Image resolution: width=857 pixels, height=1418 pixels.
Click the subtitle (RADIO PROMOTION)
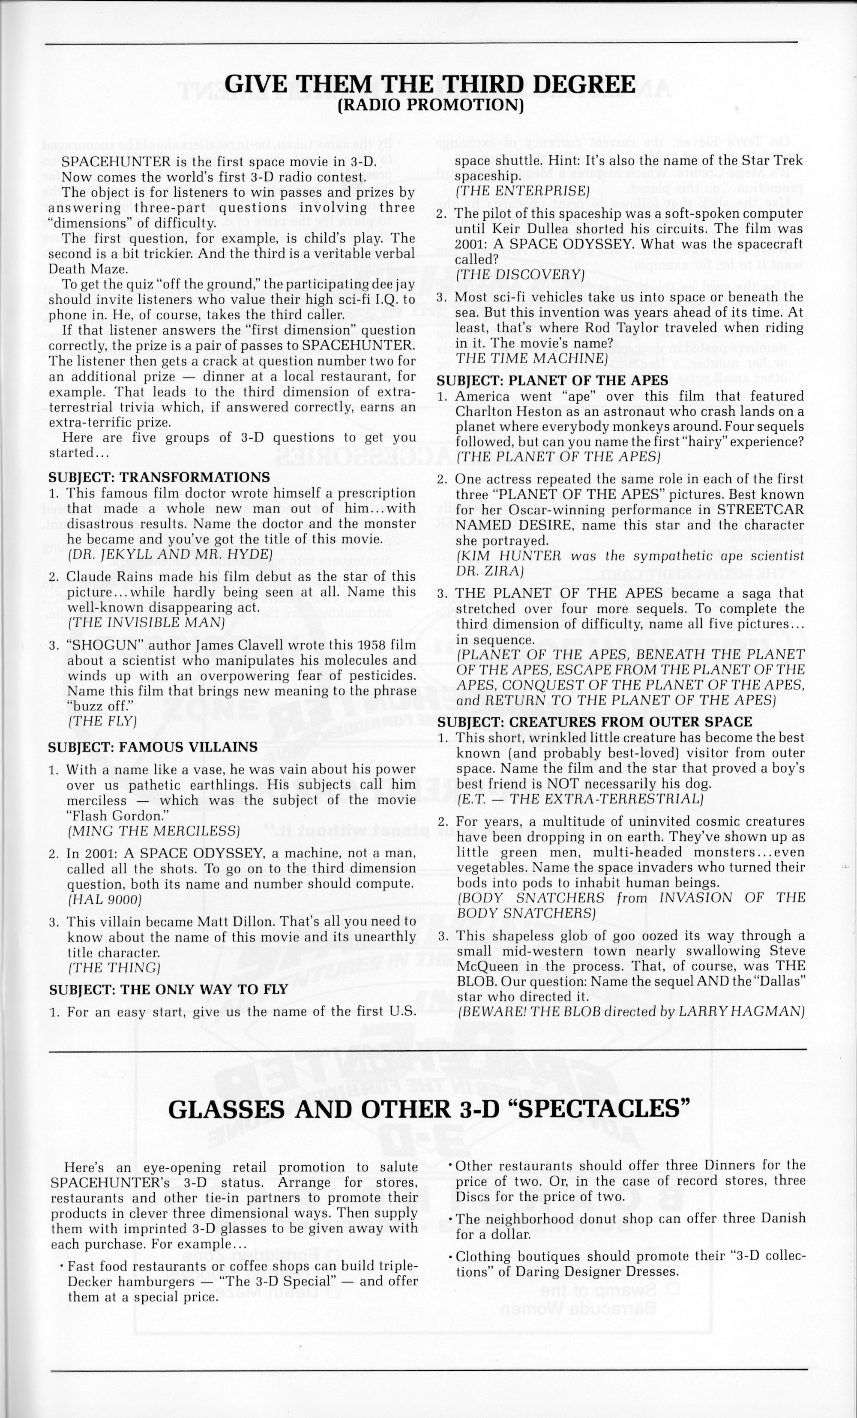tap(430, 105)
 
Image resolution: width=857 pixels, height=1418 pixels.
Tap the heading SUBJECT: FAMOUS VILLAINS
tap(153, 747)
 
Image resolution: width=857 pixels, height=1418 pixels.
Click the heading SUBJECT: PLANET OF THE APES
tap(552, 381)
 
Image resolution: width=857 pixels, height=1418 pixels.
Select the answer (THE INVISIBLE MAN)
tap(146, 622)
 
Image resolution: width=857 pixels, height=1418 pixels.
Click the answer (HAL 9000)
tap(104, 899)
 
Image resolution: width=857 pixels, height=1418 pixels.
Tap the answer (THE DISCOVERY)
tap(520, 275)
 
